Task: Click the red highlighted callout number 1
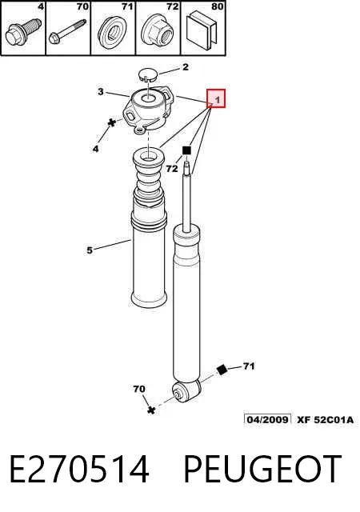click(x=216, y=98)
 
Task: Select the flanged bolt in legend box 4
click(x=22, y=32)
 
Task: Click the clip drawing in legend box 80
click(x=202, y=30)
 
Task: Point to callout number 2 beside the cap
click(x=186, y=67)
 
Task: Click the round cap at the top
click(x=148, y=74)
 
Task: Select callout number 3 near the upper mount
click(x=101, y=92)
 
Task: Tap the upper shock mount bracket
click(x=146, y=109)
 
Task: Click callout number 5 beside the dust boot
click(x=90, y=250)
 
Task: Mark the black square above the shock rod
click(x=186, y=150)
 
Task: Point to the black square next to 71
click(x=222, y=370)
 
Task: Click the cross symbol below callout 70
click(x=150, y=410)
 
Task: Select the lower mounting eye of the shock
click(x=186, y=391)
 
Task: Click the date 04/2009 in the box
click(x=267, y=419)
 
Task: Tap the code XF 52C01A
click(x=325, y=419)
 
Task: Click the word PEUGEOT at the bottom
click(x=263, y=470)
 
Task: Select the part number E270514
click(x=79, y=470)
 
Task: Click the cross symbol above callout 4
click(x=112, y=122)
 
